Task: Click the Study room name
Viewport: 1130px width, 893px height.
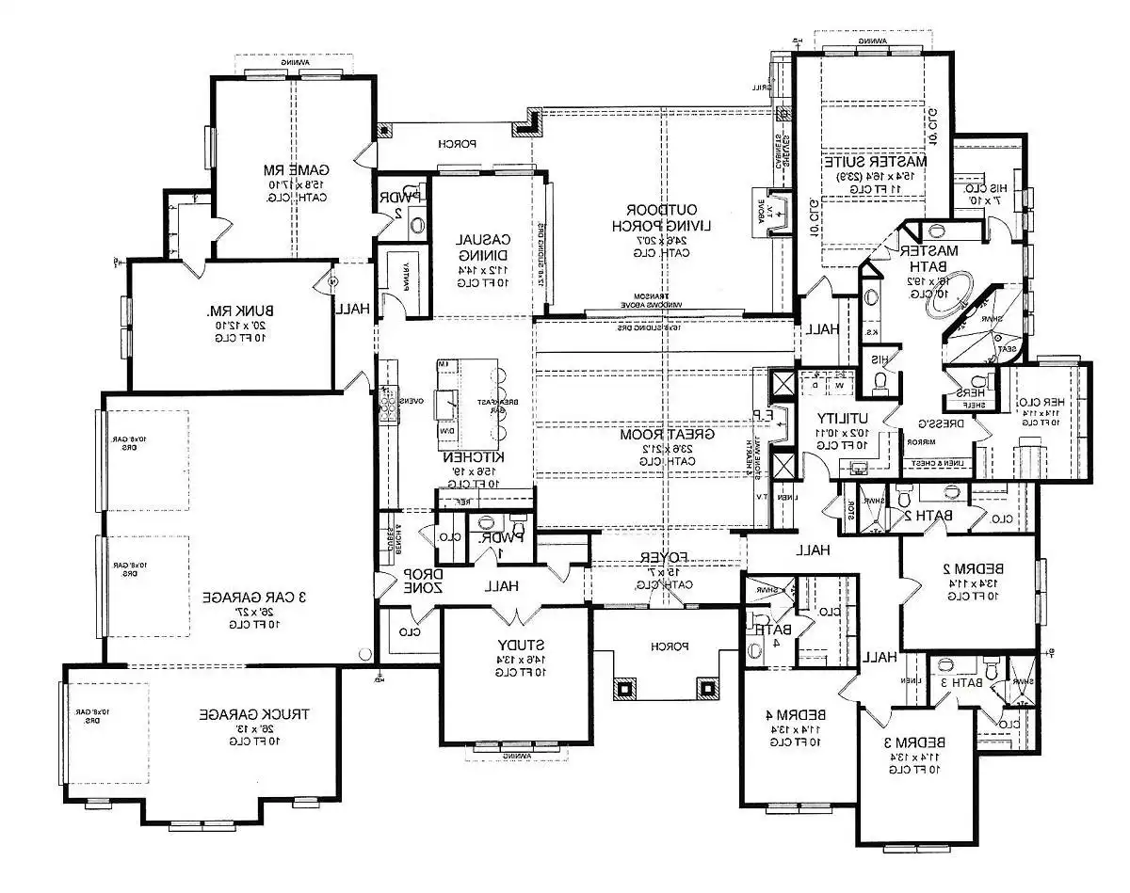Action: point(517,645)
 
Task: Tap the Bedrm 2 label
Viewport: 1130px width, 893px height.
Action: point(971,569)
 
